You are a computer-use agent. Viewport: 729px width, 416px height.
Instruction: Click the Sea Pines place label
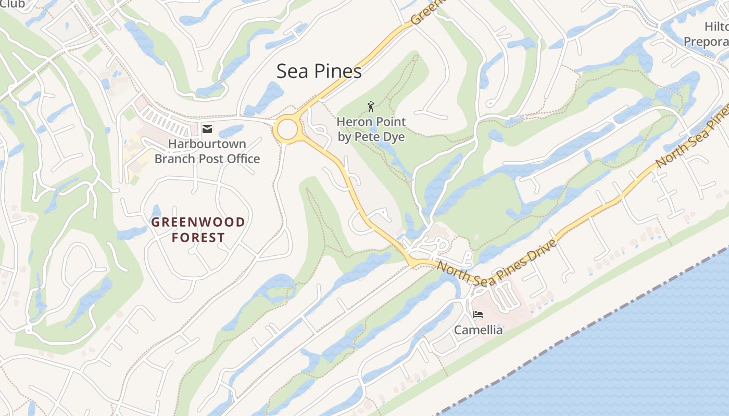tap(319, 71)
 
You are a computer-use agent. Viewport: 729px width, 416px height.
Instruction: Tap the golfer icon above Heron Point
tap(371, 107)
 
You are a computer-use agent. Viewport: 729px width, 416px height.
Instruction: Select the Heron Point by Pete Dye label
tap(371, 129)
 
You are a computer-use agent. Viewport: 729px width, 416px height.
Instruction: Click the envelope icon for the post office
tap(207, 129)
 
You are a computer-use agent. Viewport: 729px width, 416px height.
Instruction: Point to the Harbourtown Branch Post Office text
tap(207, 151)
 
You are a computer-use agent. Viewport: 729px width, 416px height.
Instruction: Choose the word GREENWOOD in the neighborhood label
tap(198, 223)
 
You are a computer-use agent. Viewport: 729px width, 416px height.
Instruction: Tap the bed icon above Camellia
tap(478, 315)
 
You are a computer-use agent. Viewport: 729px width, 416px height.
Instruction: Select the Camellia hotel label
tap(478, 330)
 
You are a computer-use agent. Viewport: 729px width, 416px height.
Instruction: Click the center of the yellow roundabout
tap(287, 129)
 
